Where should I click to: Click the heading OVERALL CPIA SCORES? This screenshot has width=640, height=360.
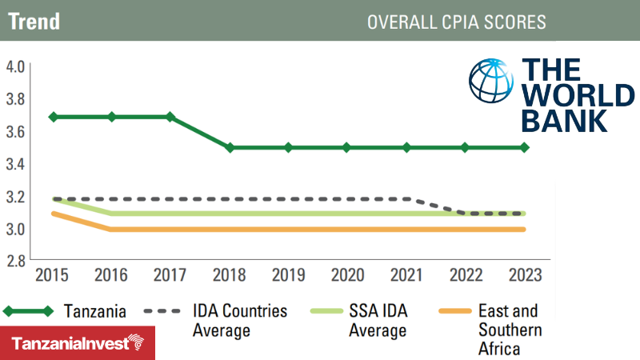pyautogui.click(x=456, y=22)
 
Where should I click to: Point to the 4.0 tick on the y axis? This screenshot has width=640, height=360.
pyautogui.click(x=16, y=66)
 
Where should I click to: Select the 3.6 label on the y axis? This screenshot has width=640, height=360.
pyautogui.click(x=16, y=131)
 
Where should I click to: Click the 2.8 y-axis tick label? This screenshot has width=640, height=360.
pyautogui.click(x=16, y=262)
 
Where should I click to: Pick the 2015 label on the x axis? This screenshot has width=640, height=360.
pyautogui.click(x=52, y=275)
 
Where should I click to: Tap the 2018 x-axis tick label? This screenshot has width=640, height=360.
pyautogui.click(x=229, y=275)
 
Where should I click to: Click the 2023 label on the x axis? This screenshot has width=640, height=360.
pyautogui.click(x=525, y=275)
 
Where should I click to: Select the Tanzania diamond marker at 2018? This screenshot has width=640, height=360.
pyautogui.click(x=230, y=148)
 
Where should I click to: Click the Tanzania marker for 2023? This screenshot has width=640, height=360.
pyautogui.click(x=525, y=148)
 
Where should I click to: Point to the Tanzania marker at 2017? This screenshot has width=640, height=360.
pyautogui.click(x=170, y=117)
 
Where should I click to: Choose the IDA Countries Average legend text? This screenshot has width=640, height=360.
pyautogui.click(x=241, y=320)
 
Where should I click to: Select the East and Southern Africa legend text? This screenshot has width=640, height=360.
pyautogui.click(x=509, y=330)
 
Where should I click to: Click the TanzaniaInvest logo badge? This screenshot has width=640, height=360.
pyautogui.click(x=78, y=343)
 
